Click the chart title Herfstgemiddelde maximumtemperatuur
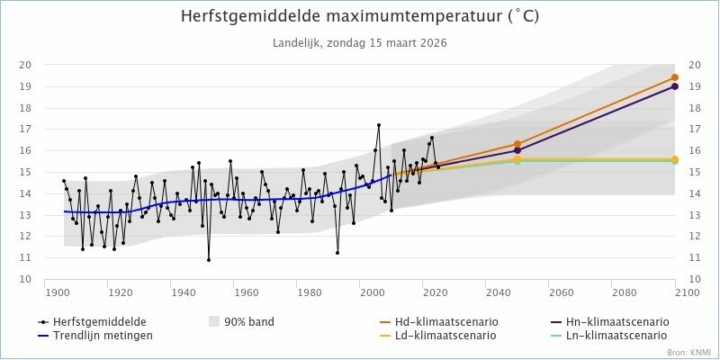pos(360,17)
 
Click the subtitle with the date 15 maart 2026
pos(360,42)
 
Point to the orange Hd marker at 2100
pos(675,77)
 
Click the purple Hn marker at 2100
pos(675,86)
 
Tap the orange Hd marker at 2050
pos(517,144)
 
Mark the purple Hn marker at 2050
pos(517,150)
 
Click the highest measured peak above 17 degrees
pos(379,125)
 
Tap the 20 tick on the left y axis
pos(27,65)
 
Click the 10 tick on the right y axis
pos(694,279)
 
